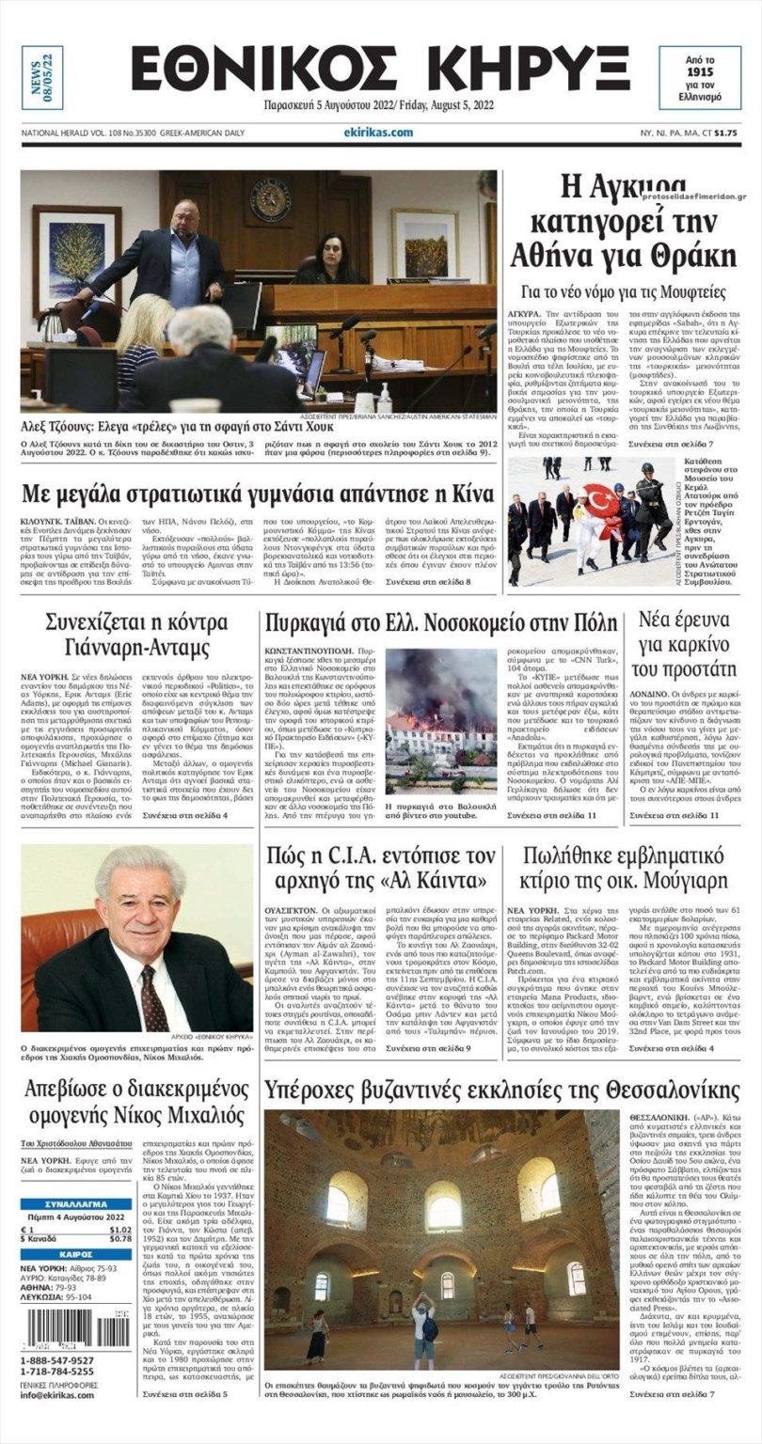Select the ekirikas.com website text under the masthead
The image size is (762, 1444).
click(x=378, y=133)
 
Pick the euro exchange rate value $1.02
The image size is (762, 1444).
click(x=119, y=1229)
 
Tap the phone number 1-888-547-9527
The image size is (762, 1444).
click(x=57, y=1360)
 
